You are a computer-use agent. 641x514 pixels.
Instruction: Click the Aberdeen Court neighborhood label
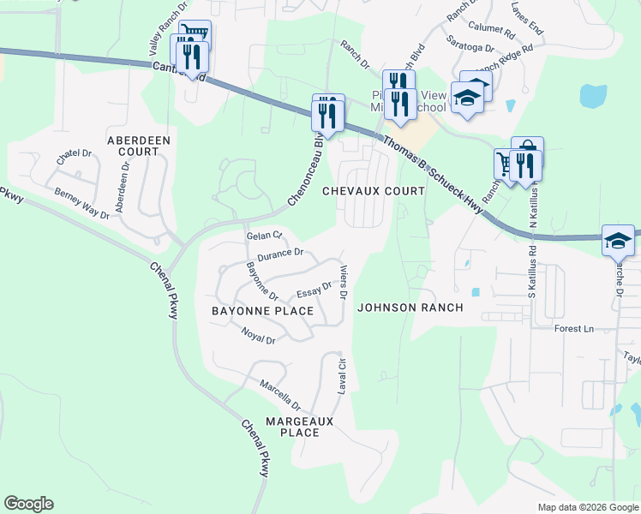[139, 145]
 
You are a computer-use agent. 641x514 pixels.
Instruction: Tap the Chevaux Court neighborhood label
[374, 191]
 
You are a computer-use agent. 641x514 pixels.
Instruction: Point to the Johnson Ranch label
[410, 308]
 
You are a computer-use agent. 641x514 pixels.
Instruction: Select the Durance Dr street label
[280, 254]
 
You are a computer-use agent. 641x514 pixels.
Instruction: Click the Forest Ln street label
[574, 329]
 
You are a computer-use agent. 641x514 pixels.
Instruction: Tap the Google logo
[28, 504]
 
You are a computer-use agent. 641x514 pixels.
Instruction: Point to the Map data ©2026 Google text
[587, 507]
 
